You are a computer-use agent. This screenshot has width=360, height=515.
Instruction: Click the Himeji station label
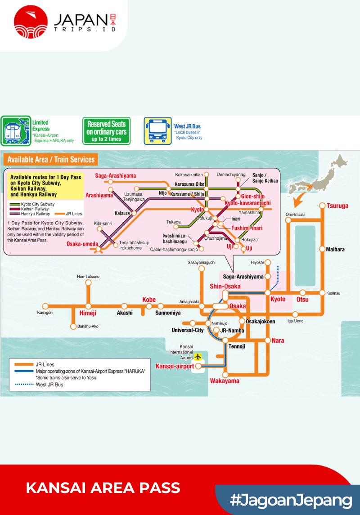(x=88, y=313)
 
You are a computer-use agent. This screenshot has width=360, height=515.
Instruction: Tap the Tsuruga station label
(x=337, y=206)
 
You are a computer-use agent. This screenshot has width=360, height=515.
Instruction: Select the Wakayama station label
(x=225, y=381)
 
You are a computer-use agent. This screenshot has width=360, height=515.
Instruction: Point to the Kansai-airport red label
(x=175, y=366)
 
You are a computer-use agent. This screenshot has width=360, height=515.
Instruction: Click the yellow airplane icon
(x=197, y=357)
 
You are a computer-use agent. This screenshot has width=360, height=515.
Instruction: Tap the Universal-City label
(x=188, y=330)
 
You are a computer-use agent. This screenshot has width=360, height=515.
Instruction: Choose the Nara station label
(x=278, y=340)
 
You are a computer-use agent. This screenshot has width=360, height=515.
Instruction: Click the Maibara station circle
(x=323, y=249)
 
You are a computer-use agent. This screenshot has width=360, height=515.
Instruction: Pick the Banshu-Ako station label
(x=88, y=326)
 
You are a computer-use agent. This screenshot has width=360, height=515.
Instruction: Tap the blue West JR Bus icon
(x=157, y=131)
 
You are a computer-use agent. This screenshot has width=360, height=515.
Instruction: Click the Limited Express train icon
(x=15, y=131)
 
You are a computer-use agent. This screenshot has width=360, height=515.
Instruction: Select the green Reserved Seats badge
(x=107, y=131)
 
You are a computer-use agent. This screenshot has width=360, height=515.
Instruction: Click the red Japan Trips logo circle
(x=31, y=22)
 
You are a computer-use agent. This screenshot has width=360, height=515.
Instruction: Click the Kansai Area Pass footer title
(x=103, y=488)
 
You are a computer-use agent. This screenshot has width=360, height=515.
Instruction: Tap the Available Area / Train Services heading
(x=51, y=159)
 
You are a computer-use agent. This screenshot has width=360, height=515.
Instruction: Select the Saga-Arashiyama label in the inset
(x=116, y=176)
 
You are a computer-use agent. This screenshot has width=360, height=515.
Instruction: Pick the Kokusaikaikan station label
(x=189, y=174)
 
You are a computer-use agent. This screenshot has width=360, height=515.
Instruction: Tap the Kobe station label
(x=149, y=300)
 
